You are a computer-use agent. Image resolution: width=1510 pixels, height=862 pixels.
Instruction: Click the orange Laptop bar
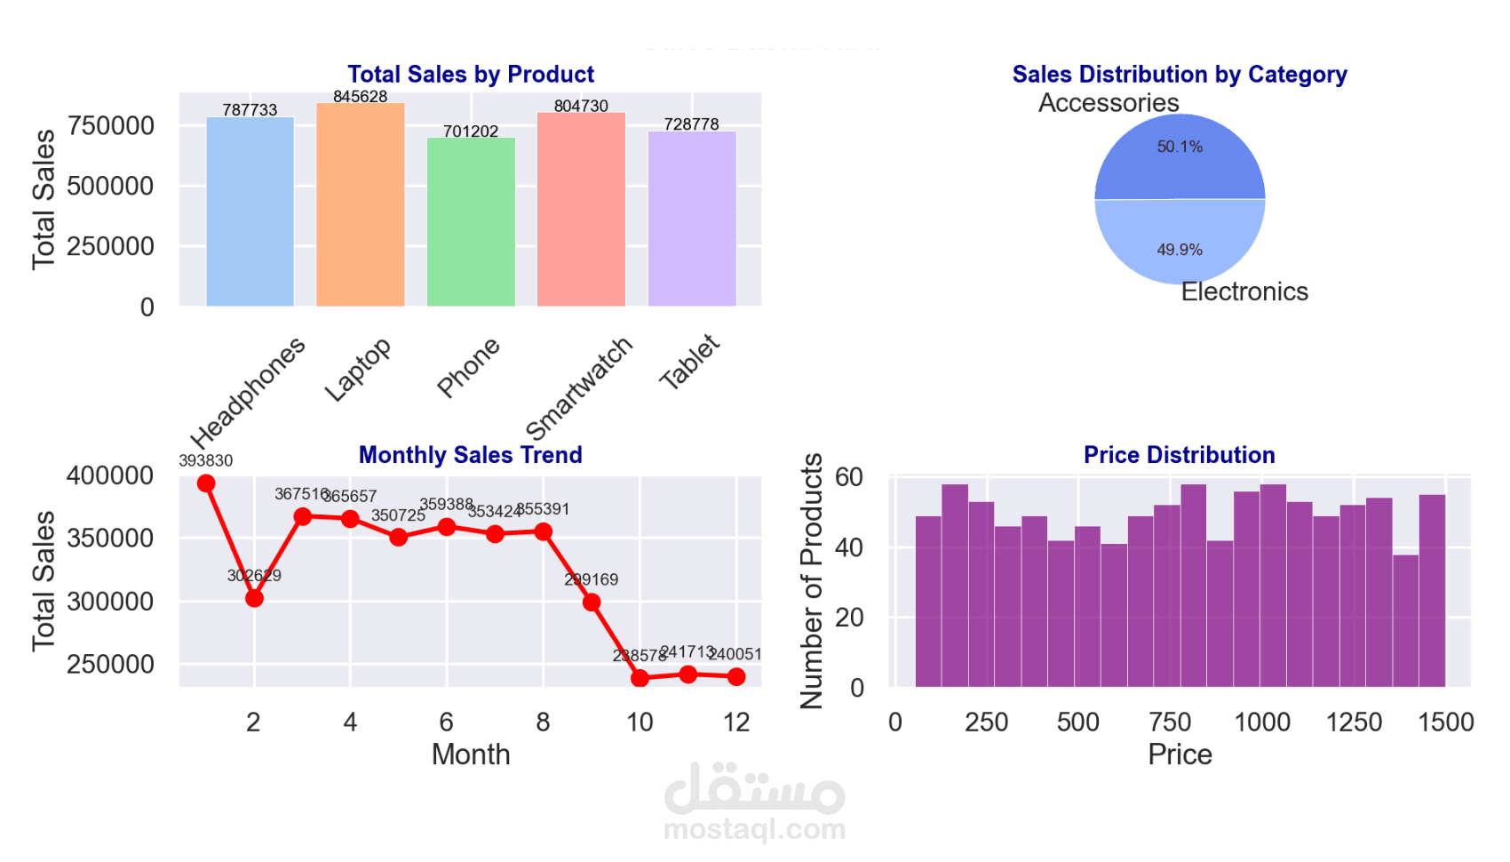tap(360, 204)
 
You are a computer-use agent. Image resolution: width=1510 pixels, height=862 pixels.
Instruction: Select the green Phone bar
tap(471, 222)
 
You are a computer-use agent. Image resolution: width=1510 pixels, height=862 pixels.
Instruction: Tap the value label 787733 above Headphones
tap(250, 110)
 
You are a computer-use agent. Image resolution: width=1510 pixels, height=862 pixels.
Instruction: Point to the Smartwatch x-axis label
tap(578, 388)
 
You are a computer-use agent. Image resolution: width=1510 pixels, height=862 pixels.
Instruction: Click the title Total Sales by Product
tap(471, 75)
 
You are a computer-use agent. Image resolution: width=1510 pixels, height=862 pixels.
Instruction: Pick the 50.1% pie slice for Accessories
tap(1180, 160)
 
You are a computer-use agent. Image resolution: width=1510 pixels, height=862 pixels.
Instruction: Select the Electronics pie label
tap(1244, 291)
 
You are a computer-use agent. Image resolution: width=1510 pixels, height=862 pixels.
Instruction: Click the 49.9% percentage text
tap(1180, 250)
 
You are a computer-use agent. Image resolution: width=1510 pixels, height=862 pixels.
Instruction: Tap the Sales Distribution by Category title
tap(1180, 75)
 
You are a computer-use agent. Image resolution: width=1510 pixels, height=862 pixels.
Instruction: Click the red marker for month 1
tap(206, 483)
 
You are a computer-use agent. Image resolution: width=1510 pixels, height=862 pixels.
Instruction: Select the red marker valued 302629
tap(254, 598)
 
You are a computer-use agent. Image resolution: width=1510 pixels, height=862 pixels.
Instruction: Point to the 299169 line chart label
tap(592, 579)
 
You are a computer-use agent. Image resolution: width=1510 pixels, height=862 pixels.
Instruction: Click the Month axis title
tap(471, 754)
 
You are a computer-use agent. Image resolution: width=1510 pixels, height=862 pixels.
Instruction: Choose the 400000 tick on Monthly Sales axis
tap(110, 476)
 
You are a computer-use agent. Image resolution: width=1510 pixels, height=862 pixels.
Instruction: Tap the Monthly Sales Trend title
tap(471, 455)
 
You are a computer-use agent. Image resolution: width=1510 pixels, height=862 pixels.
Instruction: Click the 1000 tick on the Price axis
tap(1262, 722)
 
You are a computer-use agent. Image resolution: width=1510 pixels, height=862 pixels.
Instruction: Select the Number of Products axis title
tap(812, 582)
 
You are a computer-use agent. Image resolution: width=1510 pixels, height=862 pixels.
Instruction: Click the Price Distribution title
tap(1180, 455)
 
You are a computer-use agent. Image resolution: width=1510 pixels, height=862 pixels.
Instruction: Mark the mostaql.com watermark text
tap(755, 830)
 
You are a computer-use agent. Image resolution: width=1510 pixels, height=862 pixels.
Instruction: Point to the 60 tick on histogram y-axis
tap(849, 477)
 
